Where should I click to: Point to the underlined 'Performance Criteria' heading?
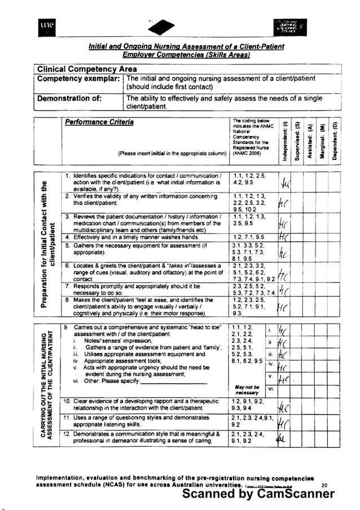[99, 122]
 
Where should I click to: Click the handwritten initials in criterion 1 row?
[286, 185]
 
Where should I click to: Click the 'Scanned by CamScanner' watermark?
[258, 494]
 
